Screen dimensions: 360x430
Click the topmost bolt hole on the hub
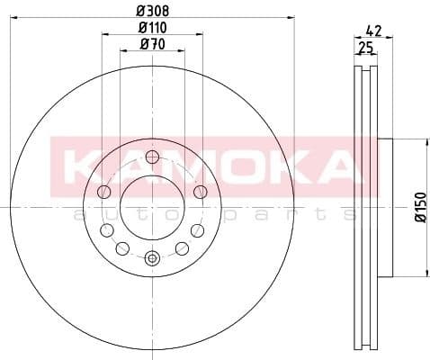[152, 157]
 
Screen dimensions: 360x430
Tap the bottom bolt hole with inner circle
[152, 259]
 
